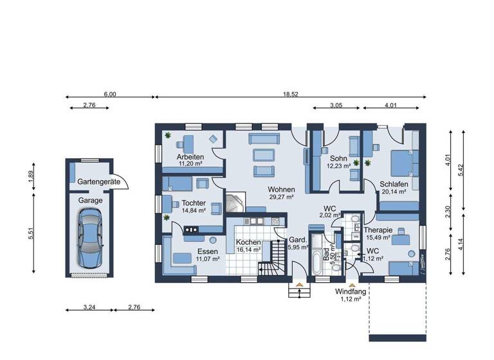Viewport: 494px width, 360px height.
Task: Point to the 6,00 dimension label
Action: tap(110, 94)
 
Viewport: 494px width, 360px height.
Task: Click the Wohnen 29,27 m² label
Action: tap(282, 194)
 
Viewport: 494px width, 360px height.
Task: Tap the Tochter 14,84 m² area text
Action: tap(193, 206)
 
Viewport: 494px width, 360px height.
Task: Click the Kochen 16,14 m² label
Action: tap(248, 246)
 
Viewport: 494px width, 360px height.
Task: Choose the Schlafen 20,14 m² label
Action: tap(394, 187)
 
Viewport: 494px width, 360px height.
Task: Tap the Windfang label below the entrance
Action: tap(351, 295)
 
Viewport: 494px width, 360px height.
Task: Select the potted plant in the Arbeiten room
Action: tap(168, 135)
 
